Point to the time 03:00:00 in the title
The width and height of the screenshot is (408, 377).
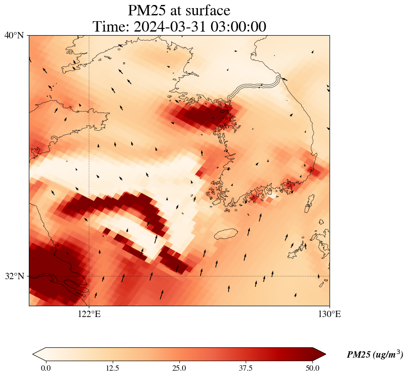pos(236,27)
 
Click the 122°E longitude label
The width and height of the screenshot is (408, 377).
pos(89,314)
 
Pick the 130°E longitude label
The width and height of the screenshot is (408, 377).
pos(330,314)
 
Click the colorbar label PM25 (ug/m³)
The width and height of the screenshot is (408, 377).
pos(375,355)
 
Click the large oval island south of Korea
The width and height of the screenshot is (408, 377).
pos(226,234)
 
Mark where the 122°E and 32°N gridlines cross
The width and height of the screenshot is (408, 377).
pos(89,276)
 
